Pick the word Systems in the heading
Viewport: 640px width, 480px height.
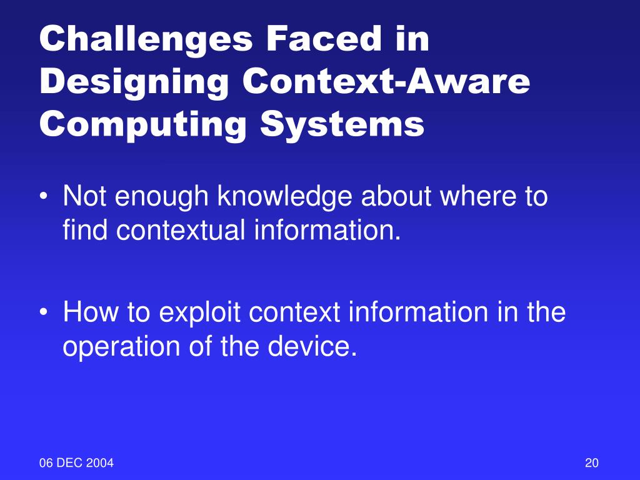(x=342, y=124)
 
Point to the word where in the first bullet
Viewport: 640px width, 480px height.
(x=475, y=197)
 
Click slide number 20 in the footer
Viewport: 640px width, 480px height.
(x=592, y=463)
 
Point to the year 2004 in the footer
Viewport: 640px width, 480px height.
(x=101, y=463)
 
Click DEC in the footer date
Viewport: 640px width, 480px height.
(x=71, y=463)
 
